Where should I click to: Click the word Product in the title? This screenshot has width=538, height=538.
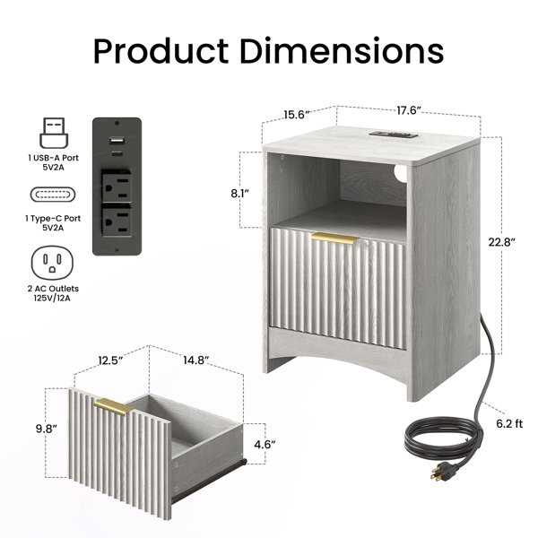[161, 51]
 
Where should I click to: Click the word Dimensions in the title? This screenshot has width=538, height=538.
[342, 51]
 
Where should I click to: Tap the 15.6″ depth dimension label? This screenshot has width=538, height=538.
[297, 115]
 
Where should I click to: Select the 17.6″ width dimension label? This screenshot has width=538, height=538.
[409, 110]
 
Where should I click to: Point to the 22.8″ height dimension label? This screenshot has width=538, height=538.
[501, 242]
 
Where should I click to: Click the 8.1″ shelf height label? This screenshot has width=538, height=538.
[239, 194]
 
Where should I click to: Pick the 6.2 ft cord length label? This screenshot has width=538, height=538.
[509, 424]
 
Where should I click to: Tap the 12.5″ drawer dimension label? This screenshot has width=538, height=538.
[110, 360]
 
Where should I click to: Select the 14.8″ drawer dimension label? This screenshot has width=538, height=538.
[195, 360]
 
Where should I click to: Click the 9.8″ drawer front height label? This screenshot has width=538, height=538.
[47, 429]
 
